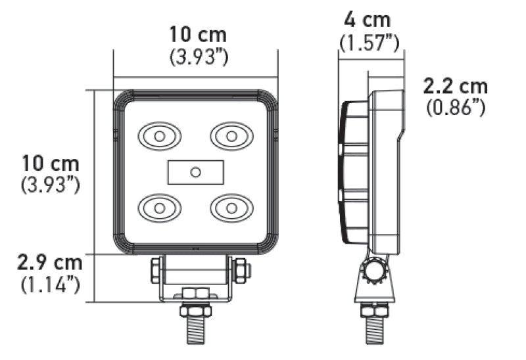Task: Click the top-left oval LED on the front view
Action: coord(158,136)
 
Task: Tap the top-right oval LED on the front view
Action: coord(231,136)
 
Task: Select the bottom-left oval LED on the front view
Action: coord(158,208)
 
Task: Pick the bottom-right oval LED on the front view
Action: coord(231,208)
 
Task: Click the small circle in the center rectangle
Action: coord(195,172)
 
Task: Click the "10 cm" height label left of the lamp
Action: coord(51,163)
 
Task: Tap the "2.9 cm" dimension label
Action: coord(51,263)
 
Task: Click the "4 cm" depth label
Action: coord(368,20)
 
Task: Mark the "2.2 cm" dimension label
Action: coord(456,85)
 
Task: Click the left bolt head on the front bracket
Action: coord(155,269)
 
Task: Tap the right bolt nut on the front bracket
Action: coord(241,269)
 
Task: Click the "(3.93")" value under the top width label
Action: coord(199,57)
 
